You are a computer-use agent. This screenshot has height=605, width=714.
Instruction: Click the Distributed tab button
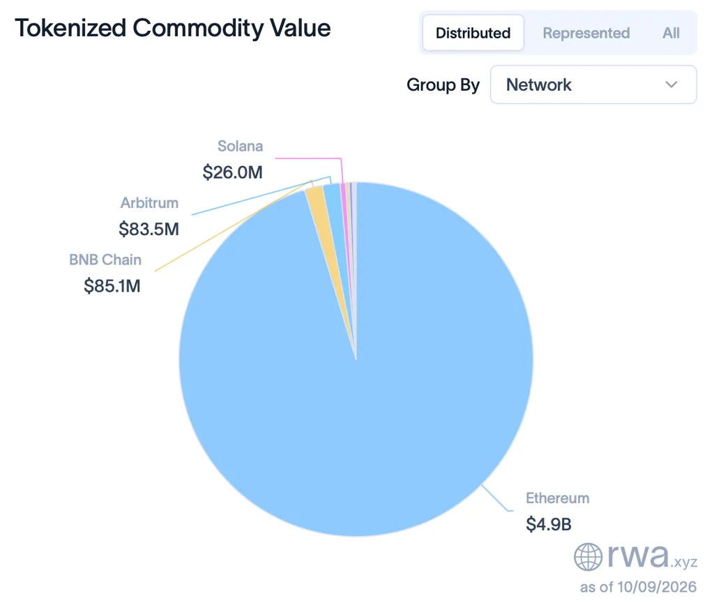click(x=473, y=33)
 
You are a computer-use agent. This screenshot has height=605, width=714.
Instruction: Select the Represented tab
click(x=586, y=33)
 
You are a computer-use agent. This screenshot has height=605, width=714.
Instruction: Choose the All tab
click(x=671, y=33)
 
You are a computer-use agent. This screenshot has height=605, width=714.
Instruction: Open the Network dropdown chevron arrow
click(x=671, y=84)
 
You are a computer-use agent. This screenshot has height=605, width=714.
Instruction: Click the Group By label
click(x=443, y=84)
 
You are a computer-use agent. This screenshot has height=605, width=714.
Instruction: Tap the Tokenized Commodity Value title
click(x=173, y=28)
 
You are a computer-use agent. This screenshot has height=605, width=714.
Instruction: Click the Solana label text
click(x=240, y=147)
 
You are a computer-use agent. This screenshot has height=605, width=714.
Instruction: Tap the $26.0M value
click(x=233, y=172)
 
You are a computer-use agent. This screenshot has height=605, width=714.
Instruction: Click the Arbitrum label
click(x=149, y=203)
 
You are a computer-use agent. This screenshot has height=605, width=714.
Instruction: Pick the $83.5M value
click(x=149, y=229)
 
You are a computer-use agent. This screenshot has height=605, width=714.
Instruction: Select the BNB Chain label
click(x=105, y=260)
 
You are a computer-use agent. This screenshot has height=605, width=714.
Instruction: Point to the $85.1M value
click(x=112, y=286)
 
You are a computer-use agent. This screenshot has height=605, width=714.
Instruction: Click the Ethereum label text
click(x=558, y=498)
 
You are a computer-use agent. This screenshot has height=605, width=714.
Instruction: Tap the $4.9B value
click(x=549, y=524)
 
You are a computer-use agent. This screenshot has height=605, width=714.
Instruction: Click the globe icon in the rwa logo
click(x=588, y=557)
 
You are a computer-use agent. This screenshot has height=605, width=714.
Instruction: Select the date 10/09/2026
click(x=657, y=587)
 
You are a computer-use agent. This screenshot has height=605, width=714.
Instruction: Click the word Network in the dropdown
click(x=539, y=84)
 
